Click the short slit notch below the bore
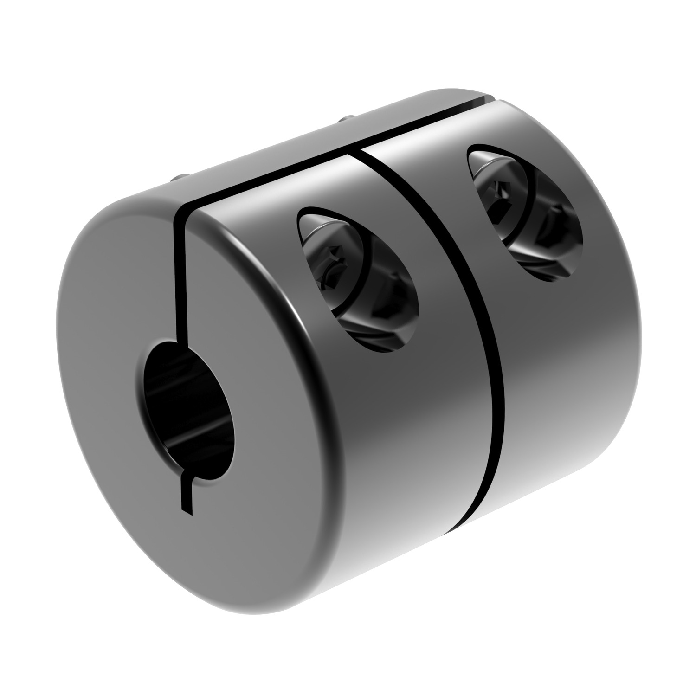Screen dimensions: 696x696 point(186,496)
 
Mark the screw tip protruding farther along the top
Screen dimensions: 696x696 point(344,120)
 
